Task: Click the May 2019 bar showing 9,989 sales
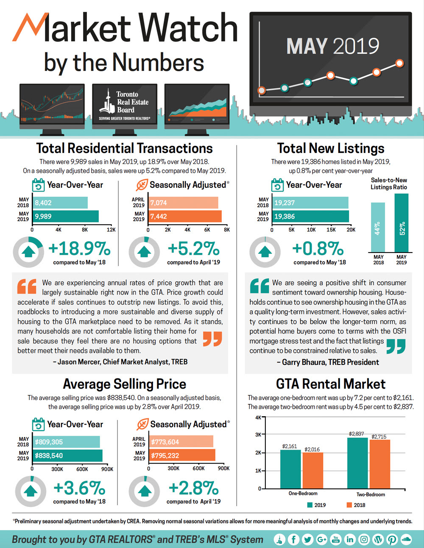pyautogui.click(x=66, y=217)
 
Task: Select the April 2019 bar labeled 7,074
pyautogui.click(x=183, y=203)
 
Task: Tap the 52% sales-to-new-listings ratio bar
pyautogui.click(x=401, y=223)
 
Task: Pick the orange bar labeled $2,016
pyautogui.click(x=313, y=470)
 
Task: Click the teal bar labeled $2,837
pyautogui.click(x=357, y=463)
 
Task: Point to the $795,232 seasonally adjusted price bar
pyautogui.click(x=182, y=456)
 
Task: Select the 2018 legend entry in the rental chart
pyautogui.click(x=356, y=505)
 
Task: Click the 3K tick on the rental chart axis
pyautogui.click(x=258, y=434)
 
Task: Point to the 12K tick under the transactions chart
pyautogui.click(x=111, y=230)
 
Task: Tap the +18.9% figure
pyautogui.click(x=79, y=248)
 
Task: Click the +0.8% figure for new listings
pyautogui.click(x=318, y=248)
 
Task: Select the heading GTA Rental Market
pyautogui.click(x=331, y=384)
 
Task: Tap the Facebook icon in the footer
pyautogui.click(x=293, y=540)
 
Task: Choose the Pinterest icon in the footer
pyautogui.click(x=392, y=540)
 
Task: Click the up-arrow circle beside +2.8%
pyautogui.click(x=144, y=491)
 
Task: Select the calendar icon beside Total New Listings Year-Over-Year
pyautogui.click(x=277, y=185)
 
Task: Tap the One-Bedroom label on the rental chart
pyautogui.click(x=303, y=493)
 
